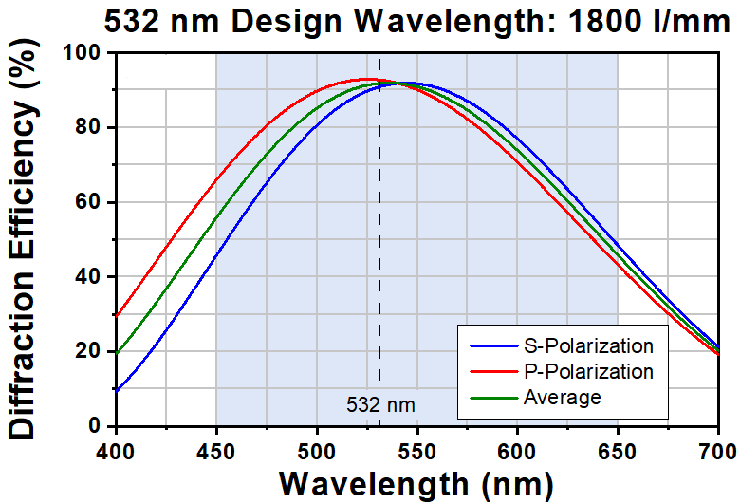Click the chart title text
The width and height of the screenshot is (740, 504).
[x=417, y=21]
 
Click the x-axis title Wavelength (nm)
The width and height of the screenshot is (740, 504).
[x=416, y=485]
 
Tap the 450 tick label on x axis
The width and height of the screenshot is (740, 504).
[x=215, y=452]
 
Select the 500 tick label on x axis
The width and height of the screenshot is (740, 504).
[x=317, y=452]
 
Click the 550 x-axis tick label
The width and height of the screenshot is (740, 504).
[x=416, y=452]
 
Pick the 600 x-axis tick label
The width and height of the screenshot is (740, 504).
[x=517, y=452]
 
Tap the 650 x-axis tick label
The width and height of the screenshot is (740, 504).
[x=618, y=452]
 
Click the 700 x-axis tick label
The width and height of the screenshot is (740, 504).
[x=717, y=452]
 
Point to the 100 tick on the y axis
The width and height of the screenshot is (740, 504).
[x=83, y=52]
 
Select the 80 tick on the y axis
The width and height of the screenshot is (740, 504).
[x=89, y=127]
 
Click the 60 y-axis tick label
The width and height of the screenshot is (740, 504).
[x=89, y=201]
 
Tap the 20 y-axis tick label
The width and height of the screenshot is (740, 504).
[x=89, y=351]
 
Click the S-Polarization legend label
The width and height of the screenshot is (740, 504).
[x=588, y=346]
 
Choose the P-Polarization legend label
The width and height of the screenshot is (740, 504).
[x=588, y=372]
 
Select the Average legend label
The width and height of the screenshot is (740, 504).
[x=562, y=398]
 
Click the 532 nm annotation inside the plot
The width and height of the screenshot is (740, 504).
[x=380, y=404]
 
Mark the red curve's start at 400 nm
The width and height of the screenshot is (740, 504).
[x=117, y=315]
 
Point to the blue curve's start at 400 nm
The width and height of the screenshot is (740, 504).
[x=117, y=390]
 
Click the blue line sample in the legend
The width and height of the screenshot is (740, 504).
[x=493, y=346]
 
